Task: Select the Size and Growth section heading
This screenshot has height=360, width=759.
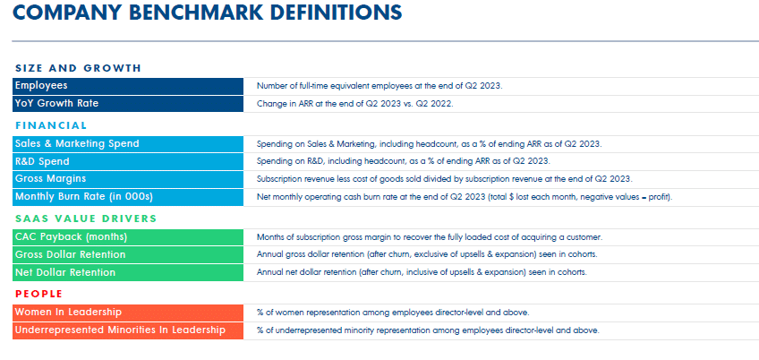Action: click(x=79, y=68)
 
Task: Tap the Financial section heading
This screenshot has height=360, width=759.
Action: click(x=51, y=125)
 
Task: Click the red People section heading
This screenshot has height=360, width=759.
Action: click(x=38, y=293)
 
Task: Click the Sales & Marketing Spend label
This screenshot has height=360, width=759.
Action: click(x=77, y=143)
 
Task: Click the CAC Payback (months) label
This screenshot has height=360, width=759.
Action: click(x=71, y=236)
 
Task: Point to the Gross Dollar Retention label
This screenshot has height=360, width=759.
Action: click(x=71, y=254)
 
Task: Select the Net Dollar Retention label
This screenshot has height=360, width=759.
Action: click(x=64, y=271)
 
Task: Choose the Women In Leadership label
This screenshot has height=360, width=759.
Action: click(x=68, y=312)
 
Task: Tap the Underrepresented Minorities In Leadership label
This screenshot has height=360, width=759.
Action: click(x=120, y=330)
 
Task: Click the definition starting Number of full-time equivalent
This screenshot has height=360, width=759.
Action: click(x=379, y=86)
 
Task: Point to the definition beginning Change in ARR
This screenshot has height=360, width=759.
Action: click(x=355, y=104)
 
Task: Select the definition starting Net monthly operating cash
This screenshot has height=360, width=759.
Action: click(x=464, y=196)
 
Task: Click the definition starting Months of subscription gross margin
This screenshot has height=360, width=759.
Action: click(x=430, y=237)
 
